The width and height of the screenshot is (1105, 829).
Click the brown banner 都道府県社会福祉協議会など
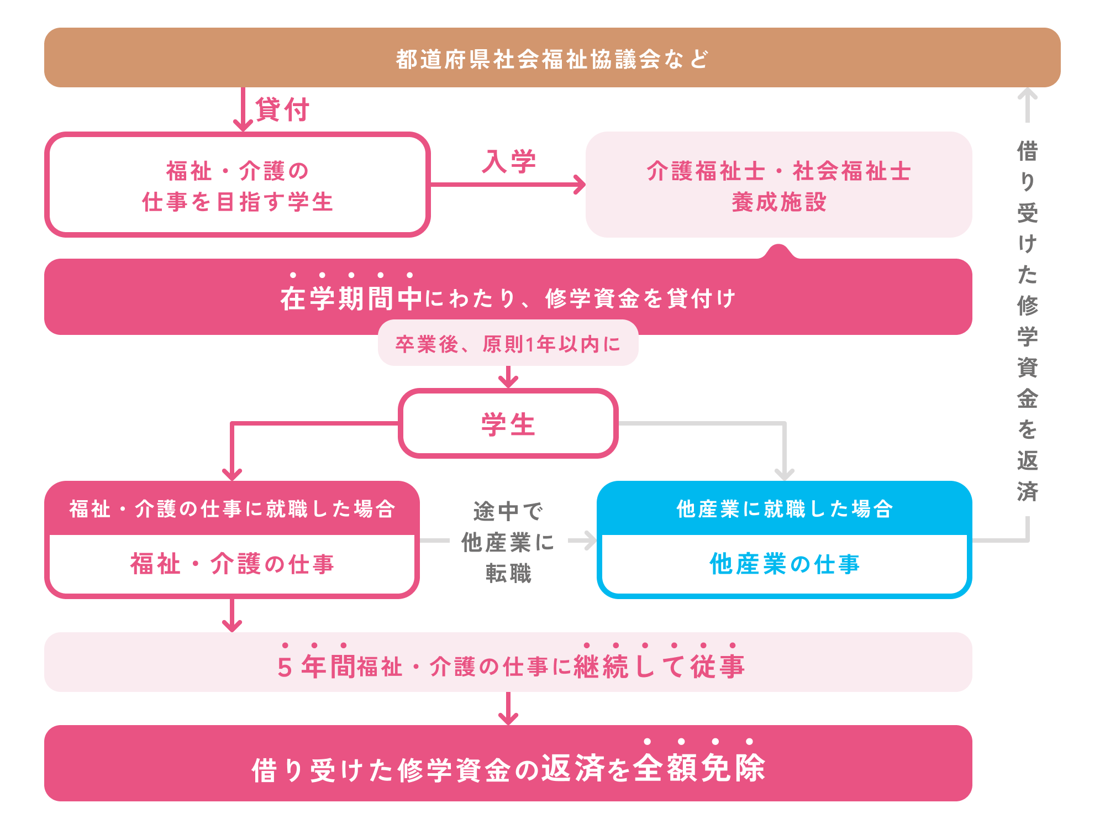[552, 58]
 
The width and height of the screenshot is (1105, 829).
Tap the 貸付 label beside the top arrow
[282, 109]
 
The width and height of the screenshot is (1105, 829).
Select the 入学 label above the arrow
[509, 161]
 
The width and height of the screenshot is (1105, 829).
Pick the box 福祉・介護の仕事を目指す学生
[238, 186]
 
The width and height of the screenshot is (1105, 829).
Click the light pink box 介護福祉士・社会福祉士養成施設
[778, 186]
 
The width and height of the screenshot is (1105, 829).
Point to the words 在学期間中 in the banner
[351, 298]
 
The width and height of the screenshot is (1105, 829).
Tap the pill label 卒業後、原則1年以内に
[508, 344]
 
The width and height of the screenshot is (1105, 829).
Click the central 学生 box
[508, 424]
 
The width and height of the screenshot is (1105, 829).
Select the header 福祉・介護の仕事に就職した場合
[232, 509]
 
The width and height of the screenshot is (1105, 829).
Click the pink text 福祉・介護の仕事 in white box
[232, 564]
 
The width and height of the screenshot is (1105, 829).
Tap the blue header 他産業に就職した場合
[785, 509]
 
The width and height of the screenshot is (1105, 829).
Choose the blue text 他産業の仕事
[785, 564]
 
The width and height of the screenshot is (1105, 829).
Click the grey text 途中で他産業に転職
[508, 542]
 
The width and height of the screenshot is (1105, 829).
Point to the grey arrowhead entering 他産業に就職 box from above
[785, 474]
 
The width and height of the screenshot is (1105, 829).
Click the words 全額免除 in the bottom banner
[699, 768]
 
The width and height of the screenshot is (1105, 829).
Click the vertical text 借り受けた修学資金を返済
[1027, 321]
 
